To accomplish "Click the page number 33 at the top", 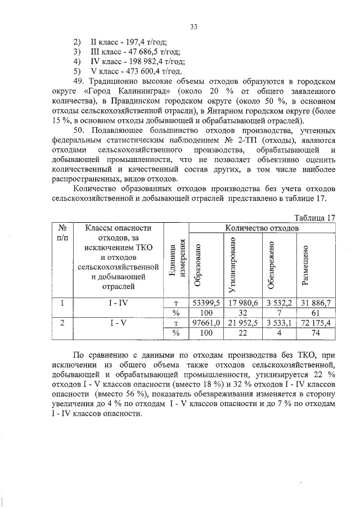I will coord(193,26).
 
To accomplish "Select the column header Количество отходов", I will coord(262,228).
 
